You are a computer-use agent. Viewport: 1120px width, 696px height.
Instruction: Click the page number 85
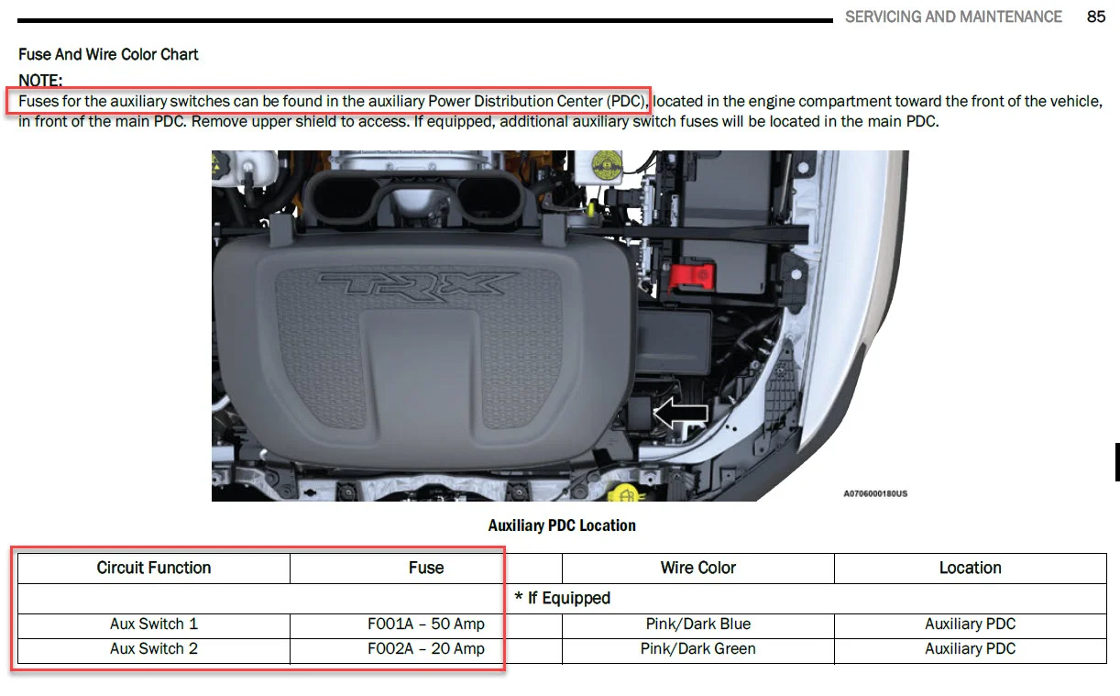[x=1096, y=17]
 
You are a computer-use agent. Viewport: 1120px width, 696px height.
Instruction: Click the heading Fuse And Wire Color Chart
[x=108, y=54]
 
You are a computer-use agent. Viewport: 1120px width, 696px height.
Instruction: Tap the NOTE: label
[x=40, y=80]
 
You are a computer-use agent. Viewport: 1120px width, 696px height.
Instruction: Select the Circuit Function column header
[x=153, y=568]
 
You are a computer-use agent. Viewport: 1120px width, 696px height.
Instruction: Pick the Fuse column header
[x=426, y=568]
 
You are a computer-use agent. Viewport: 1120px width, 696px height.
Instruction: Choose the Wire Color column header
[x=698, y=568]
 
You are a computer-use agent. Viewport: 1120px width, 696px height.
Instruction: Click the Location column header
[x=970, y=568]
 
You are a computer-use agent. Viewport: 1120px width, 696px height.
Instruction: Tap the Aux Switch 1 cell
[x=154, y=624]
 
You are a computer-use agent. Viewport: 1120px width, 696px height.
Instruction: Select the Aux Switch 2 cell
[x=154, y=648]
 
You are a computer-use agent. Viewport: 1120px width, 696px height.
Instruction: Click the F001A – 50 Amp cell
[x=426, y=624]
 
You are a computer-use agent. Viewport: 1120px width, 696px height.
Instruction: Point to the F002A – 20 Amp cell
[x=426, y=648]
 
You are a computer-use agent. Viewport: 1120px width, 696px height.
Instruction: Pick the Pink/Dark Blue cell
[x=698, y=624]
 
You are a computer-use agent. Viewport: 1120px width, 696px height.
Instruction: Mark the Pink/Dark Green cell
[x=698, y=648]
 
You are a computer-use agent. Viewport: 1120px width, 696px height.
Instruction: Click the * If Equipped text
[x=563, y=598]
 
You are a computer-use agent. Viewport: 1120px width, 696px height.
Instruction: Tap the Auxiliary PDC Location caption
[x=562, y=525]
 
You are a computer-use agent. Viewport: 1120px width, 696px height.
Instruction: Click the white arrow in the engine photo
[x=680, y=414]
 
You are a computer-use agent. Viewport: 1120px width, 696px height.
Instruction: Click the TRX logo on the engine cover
[x=417, y=286]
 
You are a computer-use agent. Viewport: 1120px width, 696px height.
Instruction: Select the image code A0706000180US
[x=875, y=493]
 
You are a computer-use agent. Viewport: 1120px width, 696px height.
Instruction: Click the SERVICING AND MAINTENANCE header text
[x=953, y=17]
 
